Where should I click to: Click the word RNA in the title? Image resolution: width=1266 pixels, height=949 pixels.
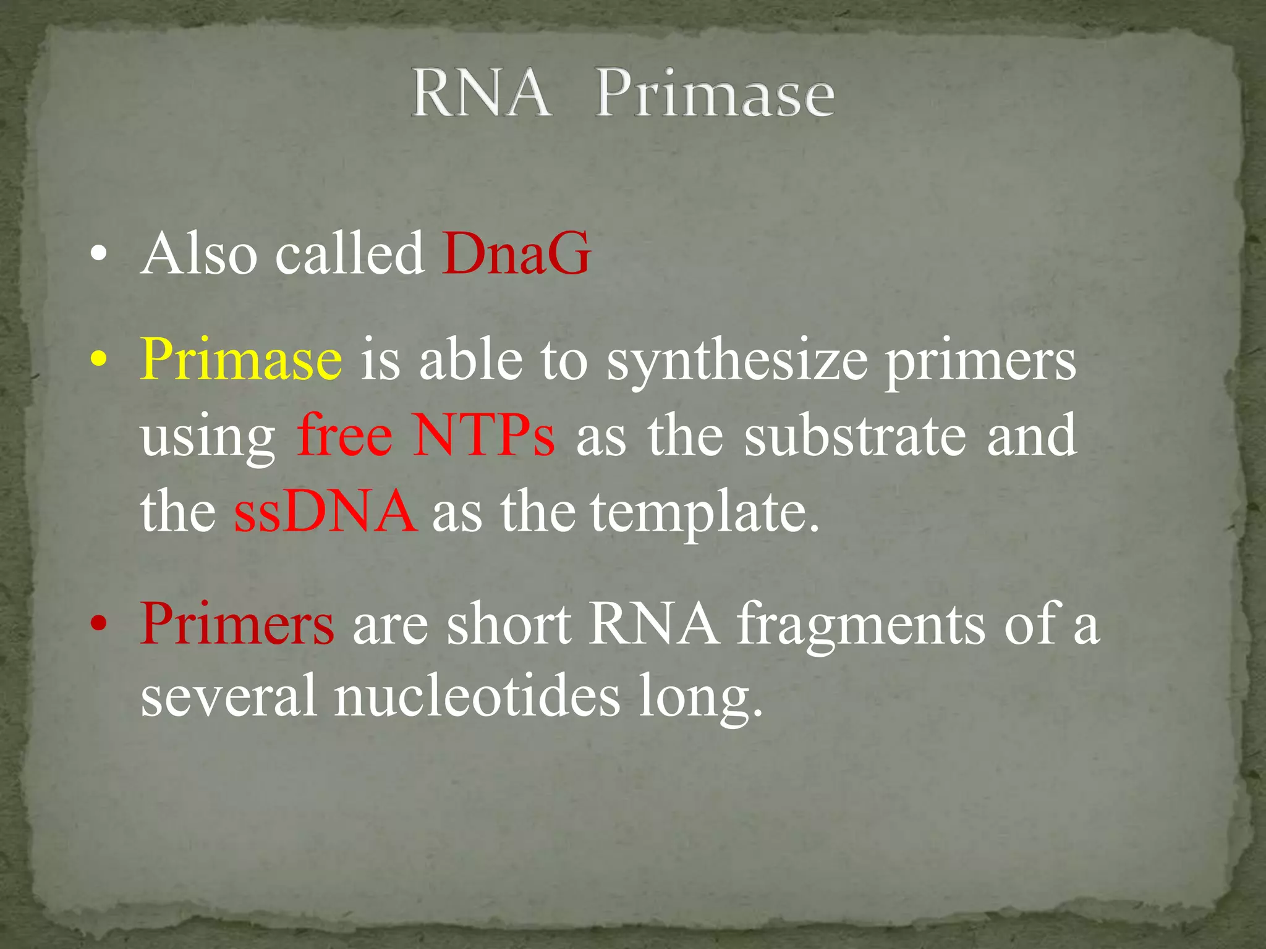pos(482,94)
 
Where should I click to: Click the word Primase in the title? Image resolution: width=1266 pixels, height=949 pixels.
pos(715,94)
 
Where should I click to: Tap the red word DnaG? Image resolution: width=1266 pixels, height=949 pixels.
pos(516,253)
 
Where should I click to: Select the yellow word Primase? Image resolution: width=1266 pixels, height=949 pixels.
pos(241,360)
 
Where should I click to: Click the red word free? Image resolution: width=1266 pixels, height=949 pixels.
pos(344,436)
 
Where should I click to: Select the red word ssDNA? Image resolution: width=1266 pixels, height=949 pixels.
pos(325,512)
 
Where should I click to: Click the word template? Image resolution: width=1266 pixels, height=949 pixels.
pos(705,513)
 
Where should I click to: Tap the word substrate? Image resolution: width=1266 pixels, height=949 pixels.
pos(855,436)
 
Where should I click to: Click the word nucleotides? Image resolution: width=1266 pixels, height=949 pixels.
pos(477,696)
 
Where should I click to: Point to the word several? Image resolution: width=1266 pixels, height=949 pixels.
pos(229,696)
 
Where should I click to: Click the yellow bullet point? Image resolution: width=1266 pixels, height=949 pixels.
pos(99,360)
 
